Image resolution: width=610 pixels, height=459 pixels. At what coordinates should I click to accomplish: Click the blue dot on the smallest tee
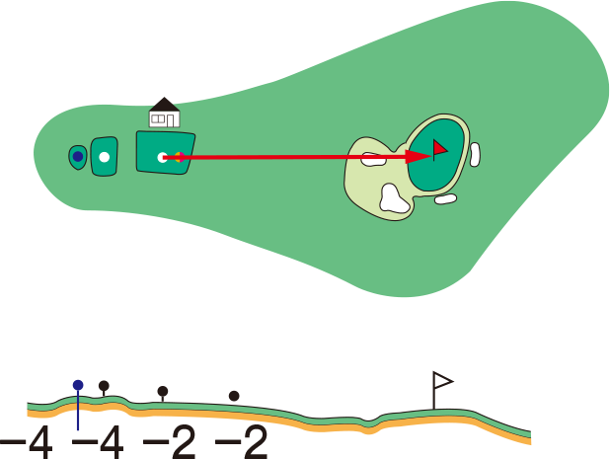point(78,156)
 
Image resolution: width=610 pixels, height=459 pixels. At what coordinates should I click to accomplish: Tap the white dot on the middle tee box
point(104,157)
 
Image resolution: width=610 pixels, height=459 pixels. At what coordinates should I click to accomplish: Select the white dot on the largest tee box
point(162,157)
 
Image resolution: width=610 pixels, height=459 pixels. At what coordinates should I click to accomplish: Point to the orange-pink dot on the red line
point(178,157)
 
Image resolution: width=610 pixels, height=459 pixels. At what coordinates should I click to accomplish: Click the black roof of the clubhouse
point(164,104)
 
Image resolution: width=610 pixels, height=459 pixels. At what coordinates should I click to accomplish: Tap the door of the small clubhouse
point(171,120)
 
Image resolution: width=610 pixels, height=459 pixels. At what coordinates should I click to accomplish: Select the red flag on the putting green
point(439,148)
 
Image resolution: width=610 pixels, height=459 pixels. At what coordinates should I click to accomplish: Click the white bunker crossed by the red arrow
point(372,159)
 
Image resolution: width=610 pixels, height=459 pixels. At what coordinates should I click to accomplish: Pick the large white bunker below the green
point(394,199)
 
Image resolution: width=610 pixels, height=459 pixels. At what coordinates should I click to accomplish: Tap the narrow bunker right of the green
point(475,154)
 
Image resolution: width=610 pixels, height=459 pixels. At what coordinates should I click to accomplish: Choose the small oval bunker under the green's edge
point(446,198)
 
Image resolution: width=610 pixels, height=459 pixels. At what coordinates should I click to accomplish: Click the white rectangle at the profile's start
point(20,406)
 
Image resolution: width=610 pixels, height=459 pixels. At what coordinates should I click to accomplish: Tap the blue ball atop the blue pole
point(78,385)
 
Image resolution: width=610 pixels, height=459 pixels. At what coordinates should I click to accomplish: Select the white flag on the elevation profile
point(442,380)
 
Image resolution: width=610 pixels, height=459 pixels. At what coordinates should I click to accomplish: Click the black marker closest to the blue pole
point(104,386)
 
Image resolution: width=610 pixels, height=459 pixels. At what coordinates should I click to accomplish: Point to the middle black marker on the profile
point(163,392)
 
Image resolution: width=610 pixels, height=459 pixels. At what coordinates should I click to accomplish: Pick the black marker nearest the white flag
point(234,396)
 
